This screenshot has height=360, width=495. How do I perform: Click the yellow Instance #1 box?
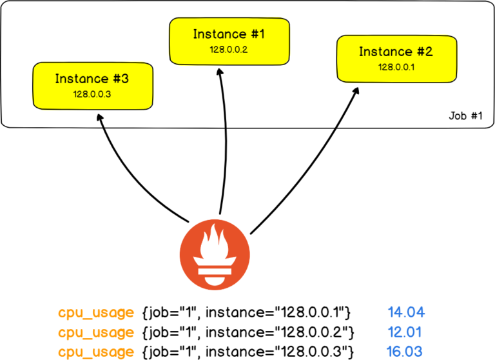point(220,40)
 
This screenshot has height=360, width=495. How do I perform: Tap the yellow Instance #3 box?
point(92,85)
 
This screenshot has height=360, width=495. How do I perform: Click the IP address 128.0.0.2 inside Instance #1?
point(220,49)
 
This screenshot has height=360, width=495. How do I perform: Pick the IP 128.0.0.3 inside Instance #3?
point(92,94)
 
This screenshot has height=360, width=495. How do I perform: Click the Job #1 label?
point(465,117)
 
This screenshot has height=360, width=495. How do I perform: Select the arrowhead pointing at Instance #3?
point(99,118)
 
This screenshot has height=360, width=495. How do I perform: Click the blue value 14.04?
point(406,314)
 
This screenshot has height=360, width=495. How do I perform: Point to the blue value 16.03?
point(406,352)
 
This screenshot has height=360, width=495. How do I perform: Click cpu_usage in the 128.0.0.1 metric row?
point(96,314)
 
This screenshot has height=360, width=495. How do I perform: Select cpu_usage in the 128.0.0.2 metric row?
point(96,332)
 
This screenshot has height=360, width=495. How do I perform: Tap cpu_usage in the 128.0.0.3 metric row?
point(96,352)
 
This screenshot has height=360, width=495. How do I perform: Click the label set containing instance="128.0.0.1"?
point(246,314)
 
